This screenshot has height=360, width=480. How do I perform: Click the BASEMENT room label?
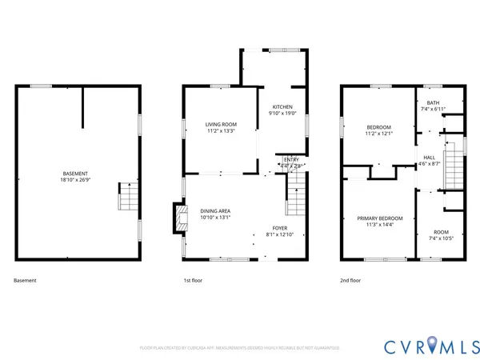coord(76,174)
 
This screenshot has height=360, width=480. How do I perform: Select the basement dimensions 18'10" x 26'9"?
coord(76,180)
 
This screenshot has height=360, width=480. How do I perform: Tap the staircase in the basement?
coord(129,196)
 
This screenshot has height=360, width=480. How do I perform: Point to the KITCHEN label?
coord(282,107)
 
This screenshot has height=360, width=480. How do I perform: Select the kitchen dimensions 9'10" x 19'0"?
coord(282,114)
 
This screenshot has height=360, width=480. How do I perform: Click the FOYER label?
coord(279,228)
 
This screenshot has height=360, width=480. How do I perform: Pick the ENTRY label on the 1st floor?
coord(291,159)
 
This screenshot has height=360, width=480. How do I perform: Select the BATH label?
coord(433,102)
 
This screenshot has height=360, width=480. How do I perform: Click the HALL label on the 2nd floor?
coord(429,157)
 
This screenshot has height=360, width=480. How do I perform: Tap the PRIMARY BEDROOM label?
coord(379,218)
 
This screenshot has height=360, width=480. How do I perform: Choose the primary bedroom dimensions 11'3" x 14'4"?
coord(379,225)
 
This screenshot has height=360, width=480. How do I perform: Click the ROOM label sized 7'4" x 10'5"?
coord(441,232)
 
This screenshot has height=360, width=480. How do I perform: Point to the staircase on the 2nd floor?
coord(454,169)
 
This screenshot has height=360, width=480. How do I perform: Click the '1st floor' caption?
coord(194,281)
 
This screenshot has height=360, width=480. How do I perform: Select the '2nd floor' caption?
coord(350,281)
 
